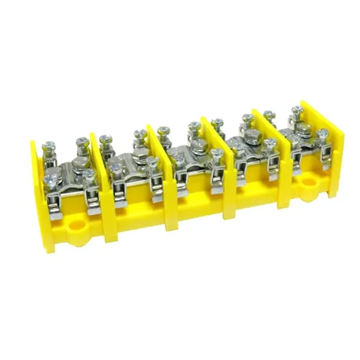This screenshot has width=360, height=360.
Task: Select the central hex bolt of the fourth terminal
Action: [x=253, y=135]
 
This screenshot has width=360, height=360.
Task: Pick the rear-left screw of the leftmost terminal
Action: [x=49, y=146]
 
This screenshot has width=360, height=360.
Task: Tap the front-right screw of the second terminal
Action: [x=152, y=163]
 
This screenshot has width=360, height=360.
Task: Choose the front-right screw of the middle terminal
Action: [x=217, y=154]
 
